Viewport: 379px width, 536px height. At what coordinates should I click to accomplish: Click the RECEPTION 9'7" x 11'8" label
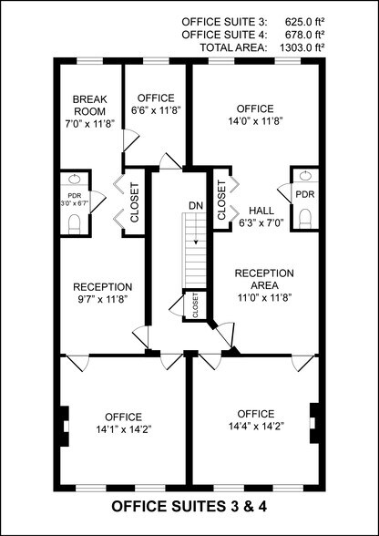coord(103,292)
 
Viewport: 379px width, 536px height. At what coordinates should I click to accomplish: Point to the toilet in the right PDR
coord(304,215)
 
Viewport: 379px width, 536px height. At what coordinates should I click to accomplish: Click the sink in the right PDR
coord(304,175)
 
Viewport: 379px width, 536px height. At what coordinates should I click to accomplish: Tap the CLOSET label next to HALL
coord(222,199)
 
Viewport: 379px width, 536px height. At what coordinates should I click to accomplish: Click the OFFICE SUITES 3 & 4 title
coord(189,504)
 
